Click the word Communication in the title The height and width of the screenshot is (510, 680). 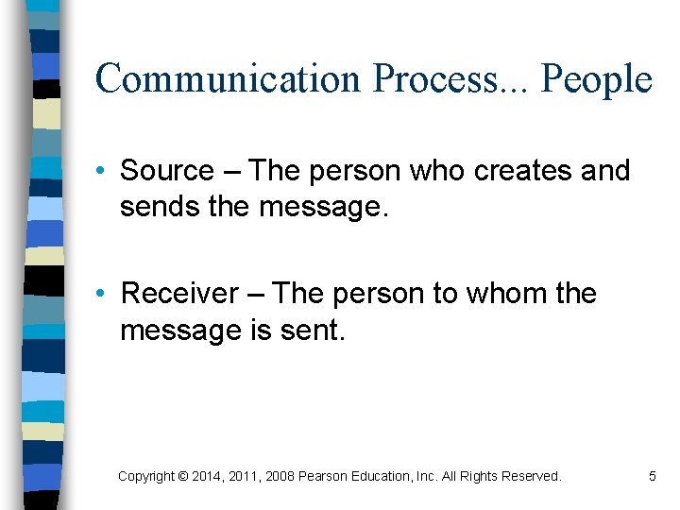pos(228,79)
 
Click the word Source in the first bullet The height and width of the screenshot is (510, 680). pos(167,171)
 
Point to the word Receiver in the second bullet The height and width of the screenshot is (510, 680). pos(179,294)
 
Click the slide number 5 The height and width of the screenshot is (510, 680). pos(652,477)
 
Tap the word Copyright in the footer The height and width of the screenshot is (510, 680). pos(145,477)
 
